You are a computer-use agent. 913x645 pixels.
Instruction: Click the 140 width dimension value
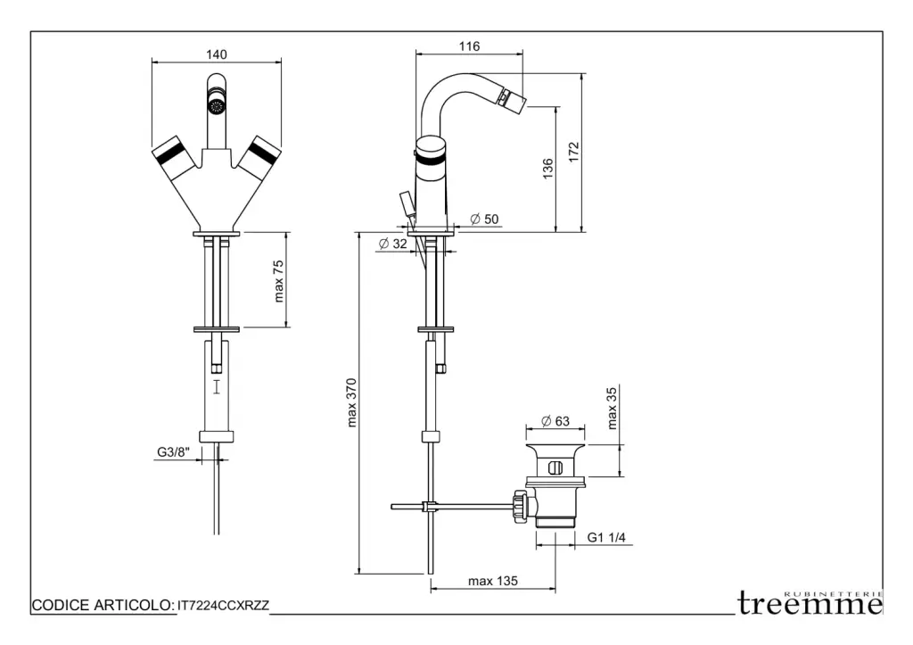pos(216,54)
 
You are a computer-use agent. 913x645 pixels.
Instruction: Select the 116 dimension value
pos(470,45)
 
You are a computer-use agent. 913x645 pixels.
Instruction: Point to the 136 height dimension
pos(547,170)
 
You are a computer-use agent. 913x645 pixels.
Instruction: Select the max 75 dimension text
pos(279,280)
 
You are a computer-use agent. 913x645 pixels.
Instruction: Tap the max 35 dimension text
pos(612,409)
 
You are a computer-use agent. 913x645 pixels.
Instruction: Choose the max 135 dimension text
pos(493,582)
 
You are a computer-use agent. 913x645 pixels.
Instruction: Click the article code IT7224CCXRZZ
pos(224,606)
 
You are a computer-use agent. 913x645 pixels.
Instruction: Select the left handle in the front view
pos(172,158)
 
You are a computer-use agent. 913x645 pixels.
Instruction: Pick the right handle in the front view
pos(259,158)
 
